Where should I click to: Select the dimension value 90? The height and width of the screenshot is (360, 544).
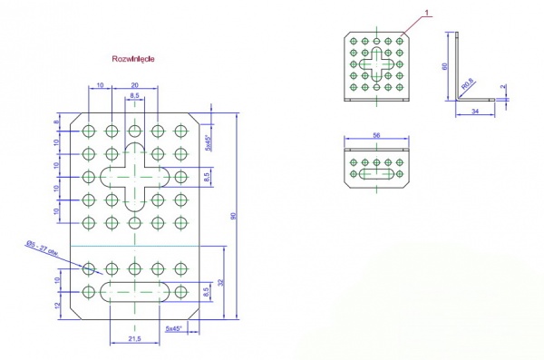click(x=234, y=215)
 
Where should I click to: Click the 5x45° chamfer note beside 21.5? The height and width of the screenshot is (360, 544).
click(x=173, y=327)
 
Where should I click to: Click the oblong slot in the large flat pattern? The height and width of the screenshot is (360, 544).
click(x=134, y=291)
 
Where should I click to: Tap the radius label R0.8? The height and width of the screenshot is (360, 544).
click(x=469, y=84)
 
